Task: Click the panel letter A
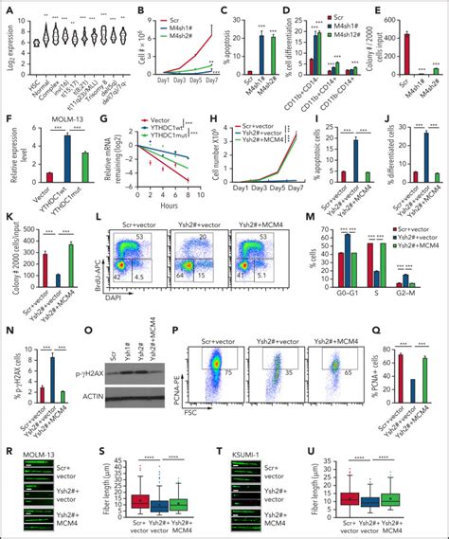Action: point(7,8)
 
